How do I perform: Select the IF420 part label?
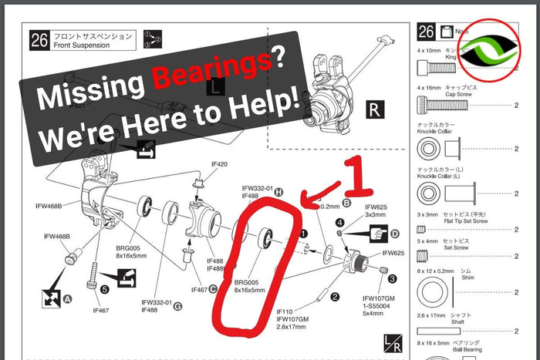click(x=219, y=164)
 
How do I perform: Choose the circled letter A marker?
click(x=67, y=298)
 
